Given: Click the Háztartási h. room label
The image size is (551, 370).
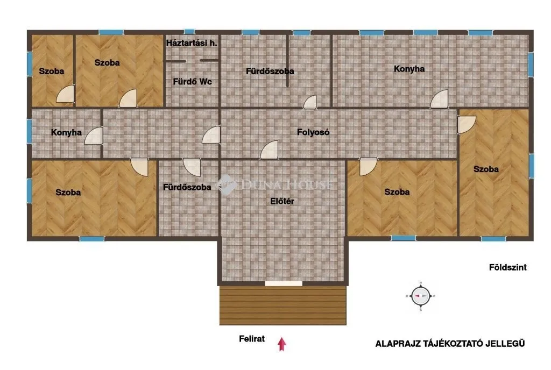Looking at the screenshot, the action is click(x=192, y=43).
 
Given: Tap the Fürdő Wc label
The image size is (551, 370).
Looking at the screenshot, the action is click(x=192, y=82).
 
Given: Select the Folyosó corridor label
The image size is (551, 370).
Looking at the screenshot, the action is click(x=313, y=132).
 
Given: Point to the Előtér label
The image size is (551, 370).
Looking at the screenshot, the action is click(x=282, y=202).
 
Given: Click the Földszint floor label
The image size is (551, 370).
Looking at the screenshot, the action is click(x=508, y=267).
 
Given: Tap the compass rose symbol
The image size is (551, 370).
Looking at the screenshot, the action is click(x=421, y=296).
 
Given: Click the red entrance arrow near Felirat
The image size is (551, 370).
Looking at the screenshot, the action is click(x=281, y=344).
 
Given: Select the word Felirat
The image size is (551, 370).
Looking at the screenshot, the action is click(x=252, y=339).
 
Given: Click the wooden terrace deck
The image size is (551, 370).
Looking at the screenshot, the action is click(x=283, y=305).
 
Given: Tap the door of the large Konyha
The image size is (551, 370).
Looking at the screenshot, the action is click(x=440, y=99).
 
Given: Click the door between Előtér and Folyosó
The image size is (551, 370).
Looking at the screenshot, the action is click(x=270, y=150).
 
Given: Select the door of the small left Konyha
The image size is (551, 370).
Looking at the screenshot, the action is click(x=94, y=136).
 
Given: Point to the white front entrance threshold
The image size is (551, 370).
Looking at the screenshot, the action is click(x=284, y=283).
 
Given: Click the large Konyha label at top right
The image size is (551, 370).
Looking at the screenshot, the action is click(x=409, y=69).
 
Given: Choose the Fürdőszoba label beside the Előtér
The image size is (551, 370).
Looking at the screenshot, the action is click(x=187, y=187).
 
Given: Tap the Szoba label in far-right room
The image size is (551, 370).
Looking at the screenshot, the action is click(x=486, y=169).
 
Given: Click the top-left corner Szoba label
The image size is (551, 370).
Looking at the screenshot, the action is click(x=52, y=72).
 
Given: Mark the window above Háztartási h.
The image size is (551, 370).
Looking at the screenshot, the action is click(x=189, y=32).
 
